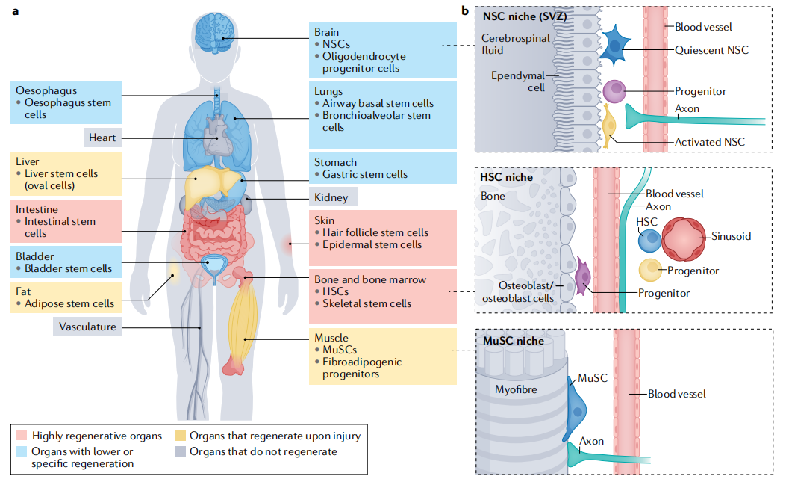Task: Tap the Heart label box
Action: coord(102,138)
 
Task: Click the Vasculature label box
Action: coord(87,327)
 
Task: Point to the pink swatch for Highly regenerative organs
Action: coord(22,436)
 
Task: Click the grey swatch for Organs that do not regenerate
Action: coord(180,451)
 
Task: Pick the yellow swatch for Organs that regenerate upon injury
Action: coord(180,436)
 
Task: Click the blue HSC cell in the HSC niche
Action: coord(650,241)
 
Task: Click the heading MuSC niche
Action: coord(514,341)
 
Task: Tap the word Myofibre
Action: coord(517,389)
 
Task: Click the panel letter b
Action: coord(465,10)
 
